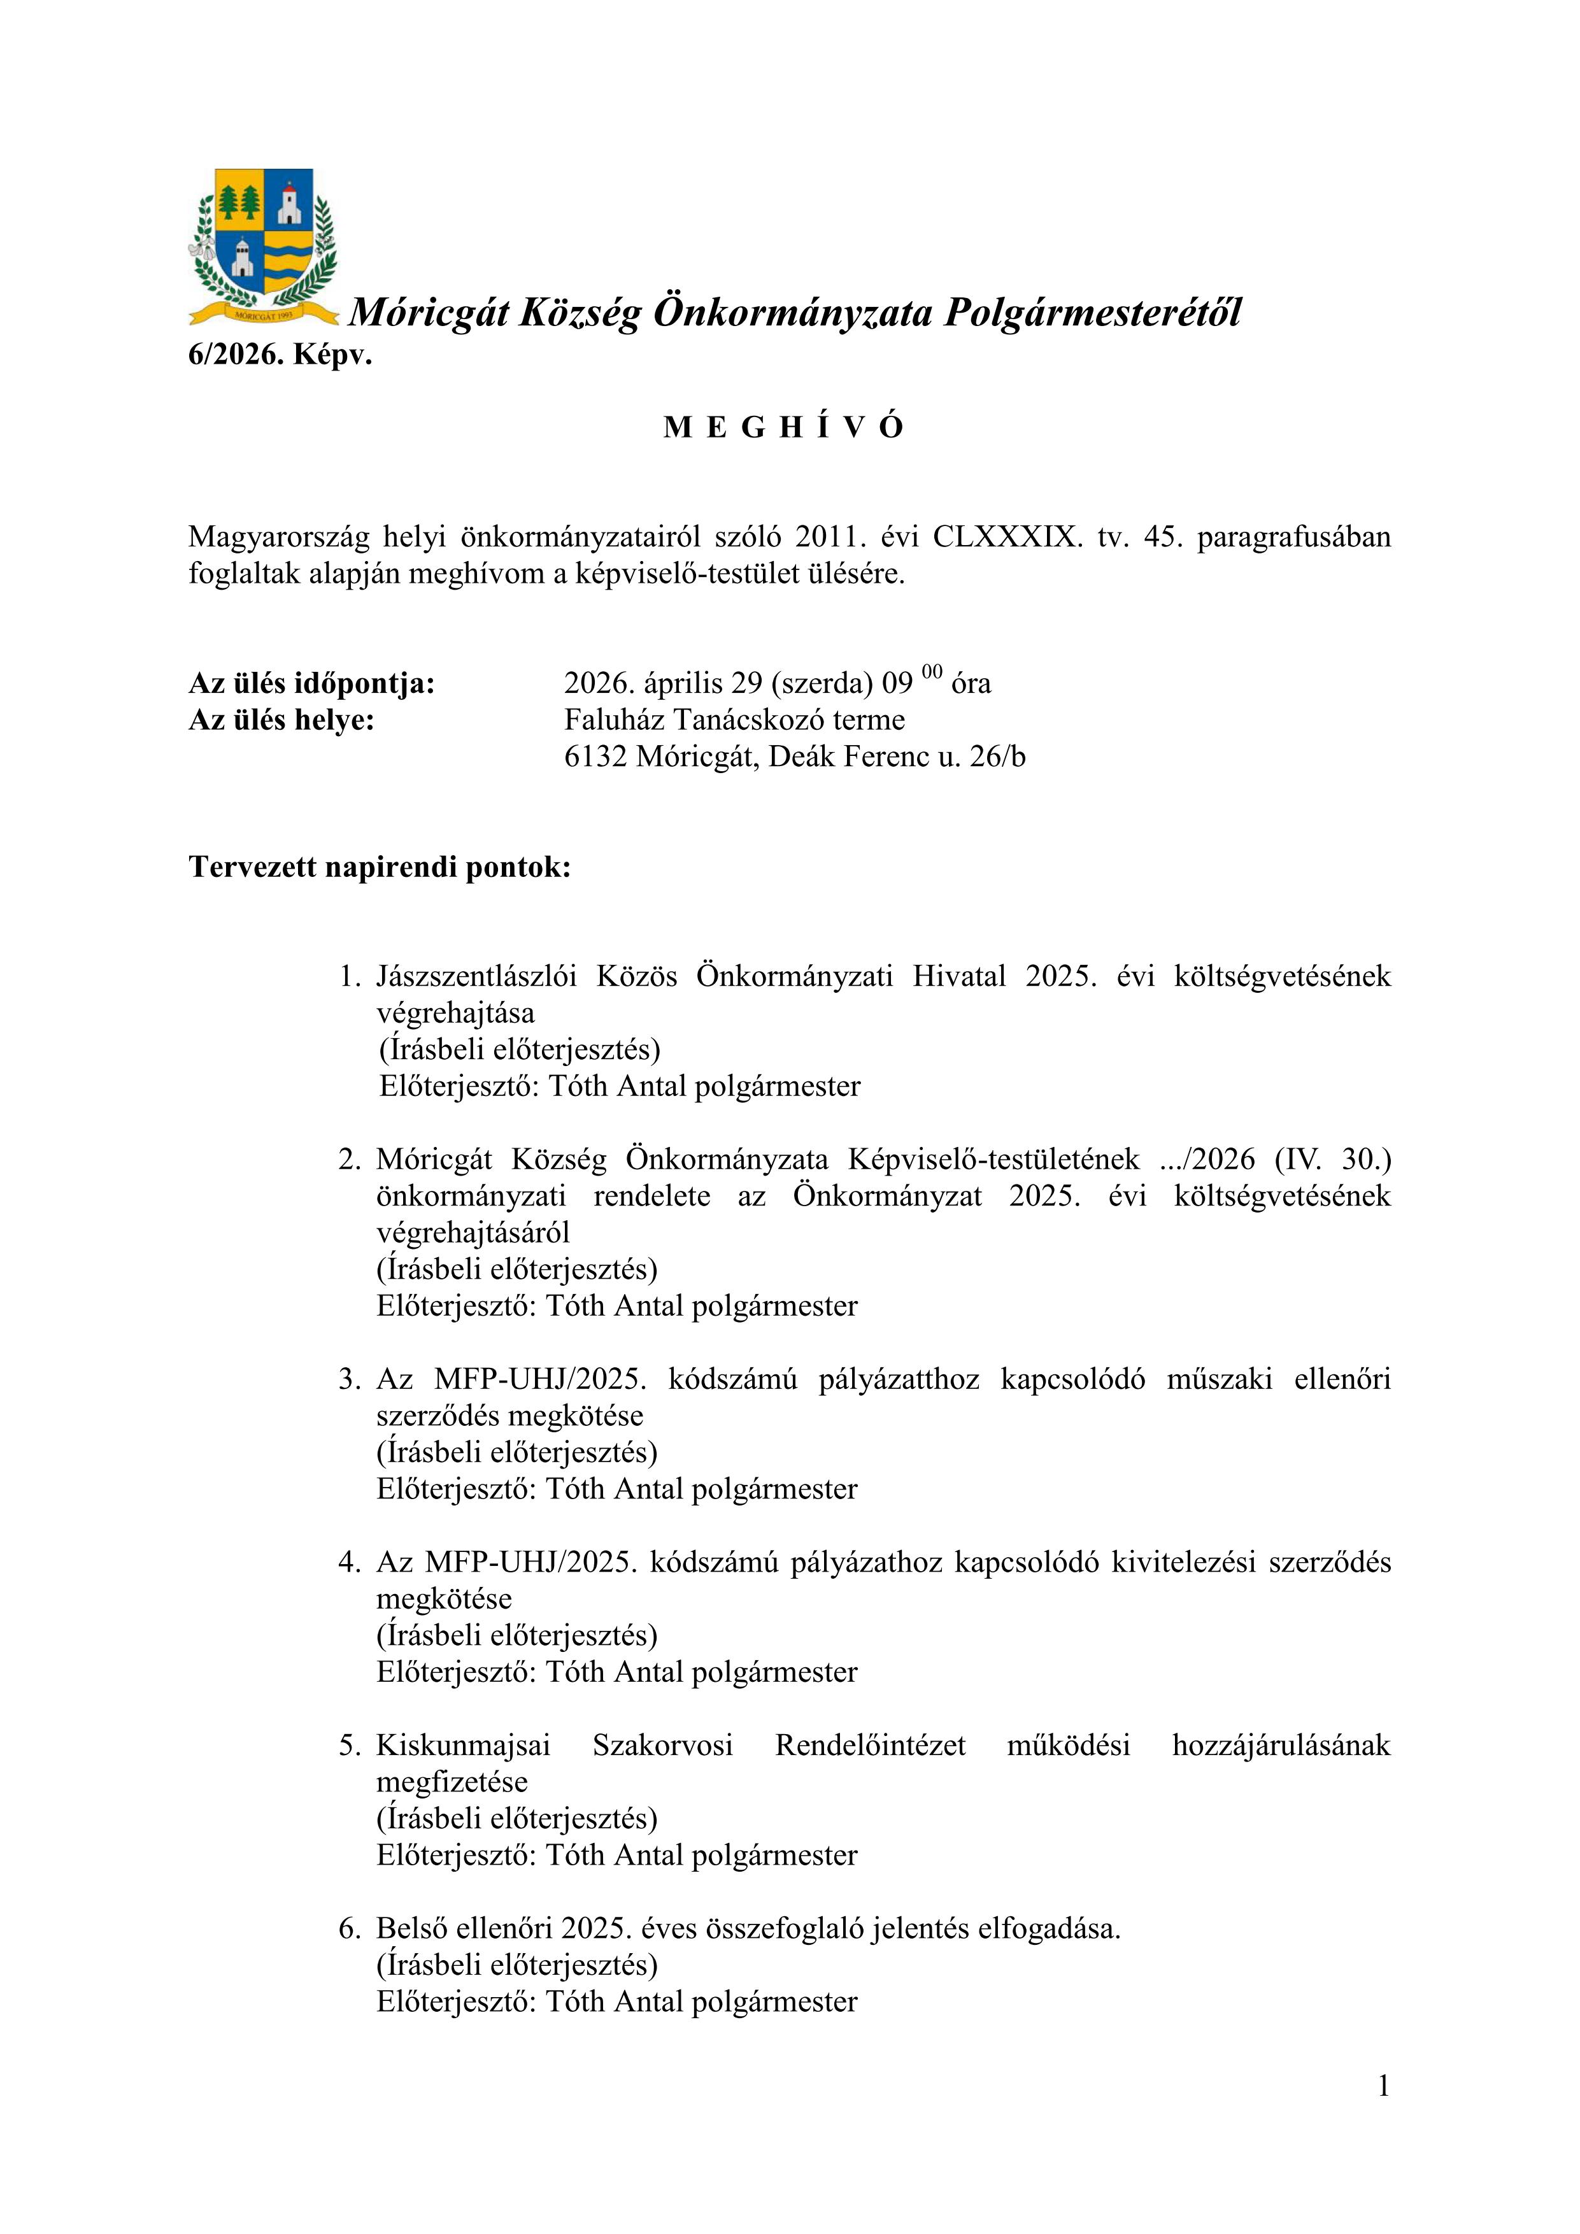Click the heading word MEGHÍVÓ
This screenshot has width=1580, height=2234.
click(x=784, y=427)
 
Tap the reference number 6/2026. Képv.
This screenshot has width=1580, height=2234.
click(x=280, y=355)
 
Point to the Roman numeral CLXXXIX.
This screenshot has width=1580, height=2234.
click(x=1007, y=537)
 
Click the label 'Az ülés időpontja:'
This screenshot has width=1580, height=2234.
click(x=311, y=683)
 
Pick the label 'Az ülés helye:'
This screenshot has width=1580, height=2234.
click(x=281, y=720)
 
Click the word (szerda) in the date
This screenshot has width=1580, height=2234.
click(x=822, y=683)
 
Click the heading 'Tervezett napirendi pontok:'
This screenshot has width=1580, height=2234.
click(x=380, y=866)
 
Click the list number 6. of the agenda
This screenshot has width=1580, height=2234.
click(x=349, y=1928)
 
